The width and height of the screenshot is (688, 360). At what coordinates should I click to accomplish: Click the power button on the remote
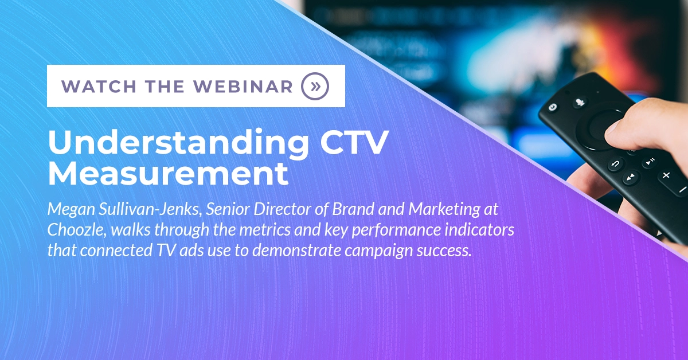pos(553,107)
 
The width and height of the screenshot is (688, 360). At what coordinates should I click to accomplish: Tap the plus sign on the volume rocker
pos(666,175)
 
